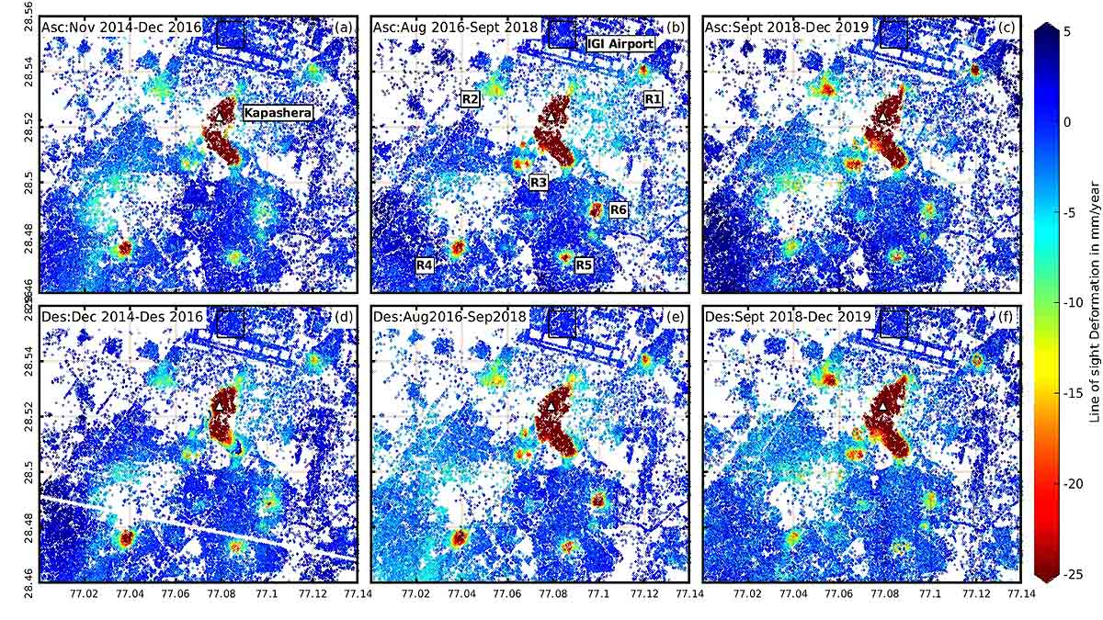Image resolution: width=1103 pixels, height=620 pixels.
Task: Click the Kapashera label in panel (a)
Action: [278, 113]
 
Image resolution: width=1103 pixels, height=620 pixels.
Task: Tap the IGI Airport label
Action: [620, 43]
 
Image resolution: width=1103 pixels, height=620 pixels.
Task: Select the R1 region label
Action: [653, 98]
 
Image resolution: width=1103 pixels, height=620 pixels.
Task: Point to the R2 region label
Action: [471, 98]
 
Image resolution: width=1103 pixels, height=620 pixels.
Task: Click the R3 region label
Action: [540, 184]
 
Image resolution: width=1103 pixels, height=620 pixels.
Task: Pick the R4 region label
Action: [425, 265]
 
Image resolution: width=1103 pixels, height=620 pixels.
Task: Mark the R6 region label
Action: [619, 210]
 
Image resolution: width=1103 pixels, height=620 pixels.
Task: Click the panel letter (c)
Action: [1007, 26]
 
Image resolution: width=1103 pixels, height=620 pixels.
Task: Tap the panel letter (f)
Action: [1007, 317]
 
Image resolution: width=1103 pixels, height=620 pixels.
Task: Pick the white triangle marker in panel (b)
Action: [550, 118]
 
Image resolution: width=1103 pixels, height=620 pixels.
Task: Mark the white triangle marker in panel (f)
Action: [882, 406]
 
